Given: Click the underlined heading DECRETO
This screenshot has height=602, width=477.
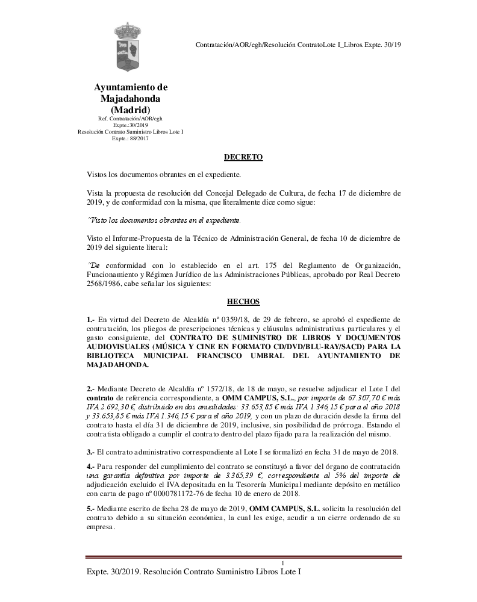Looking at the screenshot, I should pos(243,157).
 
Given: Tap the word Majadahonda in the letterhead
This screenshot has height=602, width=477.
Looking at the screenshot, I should pos(131,98).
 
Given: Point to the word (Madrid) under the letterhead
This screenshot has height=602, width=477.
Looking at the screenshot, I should pos(131,110).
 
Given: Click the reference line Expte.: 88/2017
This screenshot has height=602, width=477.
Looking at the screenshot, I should pos(130,138).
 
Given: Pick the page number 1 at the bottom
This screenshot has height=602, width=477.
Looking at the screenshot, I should pos(282,562).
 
